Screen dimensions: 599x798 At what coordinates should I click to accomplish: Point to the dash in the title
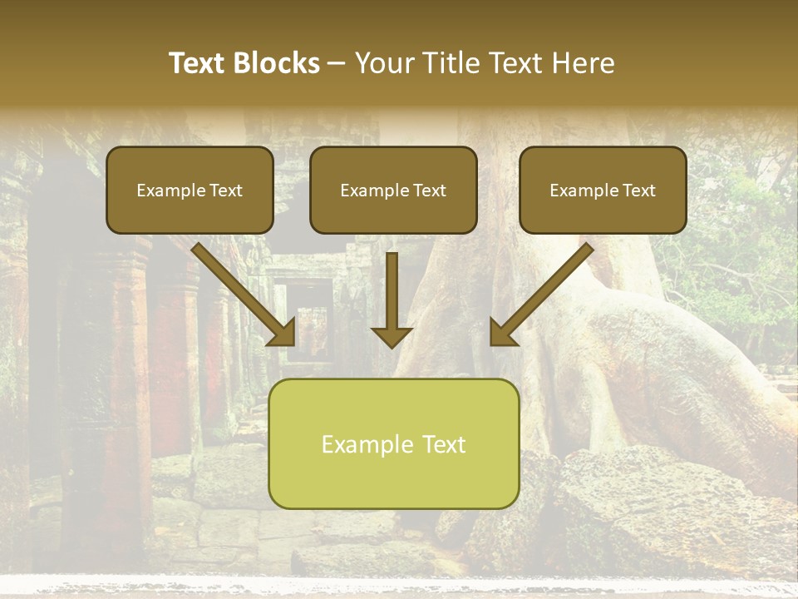[337, 64]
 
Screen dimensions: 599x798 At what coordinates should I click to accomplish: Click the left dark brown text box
[190, 190]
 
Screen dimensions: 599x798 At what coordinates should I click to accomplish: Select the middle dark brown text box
[393, 190]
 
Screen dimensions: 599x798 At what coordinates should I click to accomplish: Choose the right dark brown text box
[603, 190]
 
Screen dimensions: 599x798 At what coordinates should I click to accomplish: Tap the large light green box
[393, 443]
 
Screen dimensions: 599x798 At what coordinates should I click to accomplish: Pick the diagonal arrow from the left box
[241, 291]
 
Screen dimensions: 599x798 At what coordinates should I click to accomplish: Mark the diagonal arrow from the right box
[544, 291]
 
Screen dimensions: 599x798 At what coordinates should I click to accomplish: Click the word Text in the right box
[638, 191]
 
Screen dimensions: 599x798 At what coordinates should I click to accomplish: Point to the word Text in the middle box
[429, 191]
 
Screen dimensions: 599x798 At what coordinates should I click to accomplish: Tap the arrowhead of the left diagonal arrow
[283, 333]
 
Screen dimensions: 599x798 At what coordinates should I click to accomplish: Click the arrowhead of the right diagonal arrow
[503, 333]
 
